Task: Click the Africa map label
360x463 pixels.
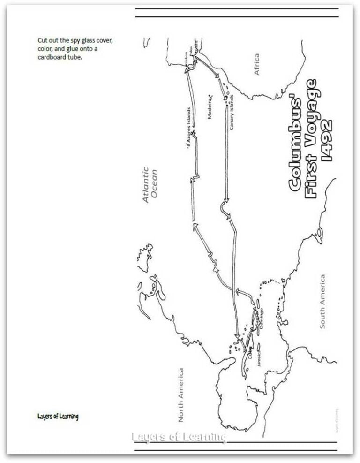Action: [256, 64]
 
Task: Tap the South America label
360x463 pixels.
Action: [322, 302]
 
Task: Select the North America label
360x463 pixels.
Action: [181, 394]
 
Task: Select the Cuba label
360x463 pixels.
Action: [251, 353]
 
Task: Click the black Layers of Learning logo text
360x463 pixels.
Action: [58, 417]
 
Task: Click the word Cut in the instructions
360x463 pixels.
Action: [42, 41]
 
